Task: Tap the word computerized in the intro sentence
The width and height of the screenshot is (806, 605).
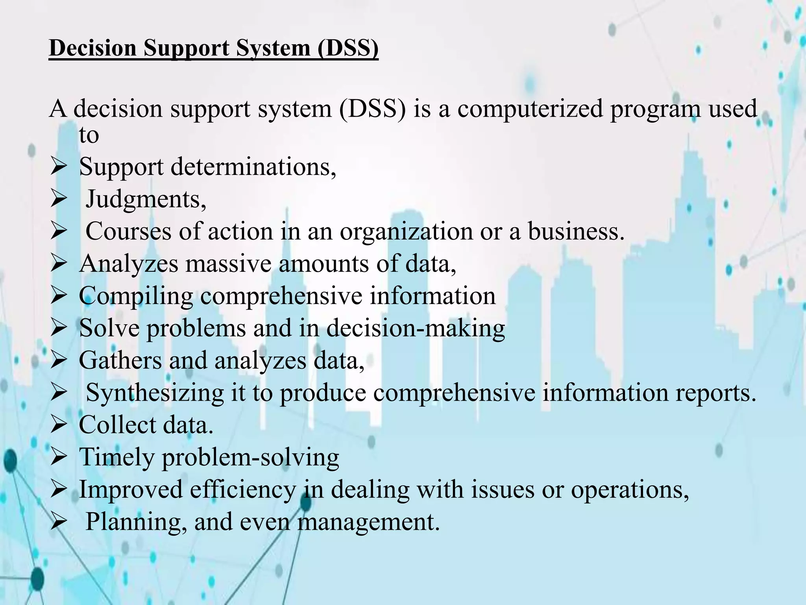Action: pyautogui.click(x=530, y=109)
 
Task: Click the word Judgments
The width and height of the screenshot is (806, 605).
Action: pyautogui.click(x=146, y=199)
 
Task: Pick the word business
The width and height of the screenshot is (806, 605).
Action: pyautogui.click(x=576, y=232)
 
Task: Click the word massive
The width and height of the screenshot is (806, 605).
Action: pyautogui.click(x=228, y=264)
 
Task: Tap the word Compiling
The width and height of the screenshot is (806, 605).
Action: pyautogui.click(x=136, y=296)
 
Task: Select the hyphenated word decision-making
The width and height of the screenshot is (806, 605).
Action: pyautogui.click(x=416, y=328)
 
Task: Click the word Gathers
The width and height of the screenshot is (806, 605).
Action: pyautogui.click(x=120, y=360)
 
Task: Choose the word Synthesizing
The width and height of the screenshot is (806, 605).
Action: pyautogui.click(x=155, y=393)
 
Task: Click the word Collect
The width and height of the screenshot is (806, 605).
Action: pyautogui.click(x=118, y=425)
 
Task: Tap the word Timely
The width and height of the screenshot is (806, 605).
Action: pyautogui.click(x=116, y=458)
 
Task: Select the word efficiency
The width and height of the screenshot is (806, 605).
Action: pyautogui.click(x=242, y=490)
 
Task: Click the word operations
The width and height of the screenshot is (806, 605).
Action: pyautogui.click(x=630, y=490)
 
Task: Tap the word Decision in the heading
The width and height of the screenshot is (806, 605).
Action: pyautogui.click(x=92, y=48)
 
